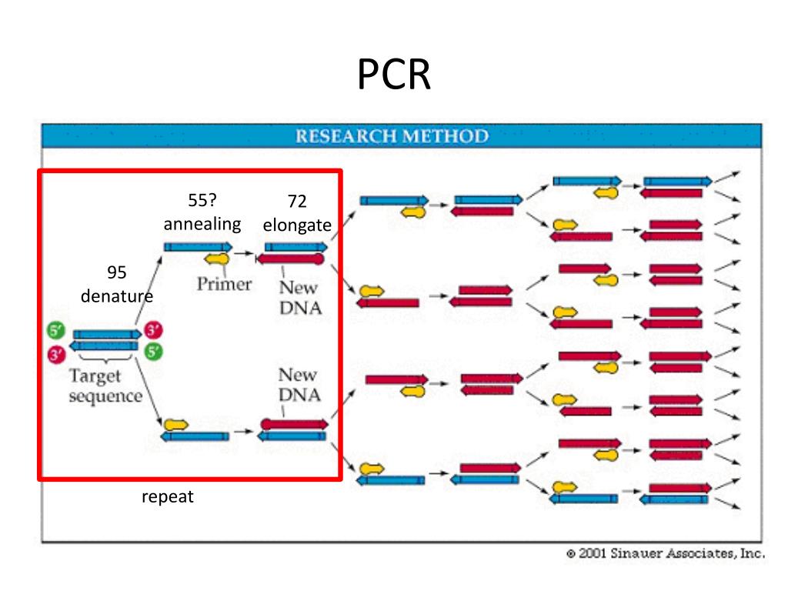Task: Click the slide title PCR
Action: (393, 74)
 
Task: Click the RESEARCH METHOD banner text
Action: (392, 136)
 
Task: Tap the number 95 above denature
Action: (117, 272)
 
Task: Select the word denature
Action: (117, 296)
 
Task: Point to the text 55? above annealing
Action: (202, 200)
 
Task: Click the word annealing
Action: (202, 224)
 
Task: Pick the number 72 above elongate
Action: (297, 201)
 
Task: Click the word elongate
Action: (297, 225)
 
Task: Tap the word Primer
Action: (224, 284)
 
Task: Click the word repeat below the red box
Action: (167, 496)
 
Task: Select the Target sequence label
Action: (105, 386)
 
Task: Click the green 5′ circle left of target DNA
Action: (55, 330)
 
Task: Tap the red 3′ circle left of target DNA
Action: (55, 354)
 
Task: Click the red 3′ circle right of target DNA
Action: (153, 330)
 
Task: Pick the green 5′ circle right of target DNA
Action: (153, 351)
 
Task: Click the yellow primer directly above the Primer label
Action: (217, 259)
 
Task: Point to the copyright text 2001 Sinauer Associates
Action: (666, 553)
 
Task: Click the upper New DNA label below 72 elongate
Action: (301, 298)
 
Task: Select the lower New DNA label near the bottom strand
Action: (299, 385)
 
